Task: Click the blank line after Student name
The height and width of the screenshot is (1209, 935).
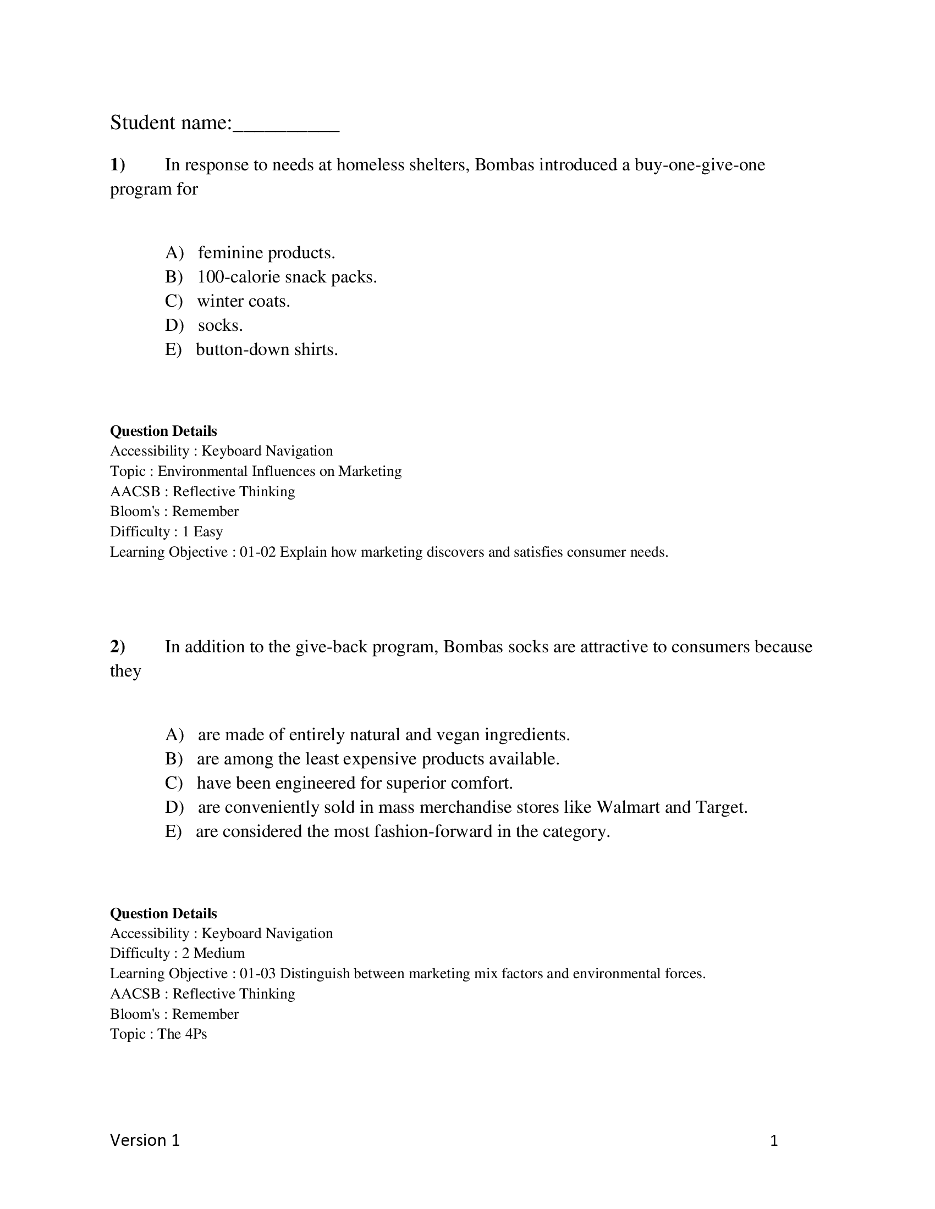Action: [286, 125]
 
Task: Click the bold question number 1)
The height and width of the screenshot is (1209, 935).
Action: [118, 165]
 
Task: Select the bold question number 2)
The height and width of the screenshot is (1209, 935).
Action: [118, 647]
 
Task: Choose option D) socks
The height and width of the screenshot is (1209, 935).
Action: [220, 325]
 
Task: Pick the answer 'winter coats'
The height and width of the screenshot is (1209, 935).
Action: [243, 301]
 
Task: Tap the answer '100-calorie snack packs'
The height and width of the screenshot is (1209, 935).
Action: [287, 277]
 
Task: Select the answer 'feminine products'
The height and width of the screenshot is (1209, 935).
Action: [266, 253]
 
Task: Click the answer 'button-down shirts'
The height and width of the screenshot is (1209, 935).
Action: [266, 350]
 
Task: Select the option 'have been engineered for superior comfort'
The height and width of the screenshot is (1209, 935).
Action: [355, 783]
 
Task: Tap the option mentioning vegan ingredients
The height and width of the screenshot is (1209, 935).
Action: [383, 735]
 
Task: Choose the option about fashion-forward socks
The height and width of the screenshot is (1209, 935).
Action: [402, 831]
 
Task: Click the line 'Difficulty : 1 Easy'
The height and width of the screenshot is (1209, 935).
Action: [166, 531]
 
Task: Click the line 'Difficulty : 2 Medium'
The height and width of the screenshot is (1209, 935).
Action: [177, 953]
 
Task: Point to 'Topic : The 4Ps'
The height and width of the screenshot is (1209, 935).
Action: [158, 1034]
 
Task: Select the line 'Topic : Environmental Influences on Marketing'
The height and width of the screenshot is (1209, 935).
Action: [255, 471]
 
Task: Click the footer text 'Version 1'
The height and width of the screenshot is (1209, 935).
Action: [145, 1140]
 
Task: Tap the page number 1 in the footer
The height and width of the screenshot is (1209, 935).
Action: [774, 1141]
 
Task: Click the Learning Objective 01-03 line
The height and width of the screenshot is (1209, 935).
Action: [408, 974]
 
